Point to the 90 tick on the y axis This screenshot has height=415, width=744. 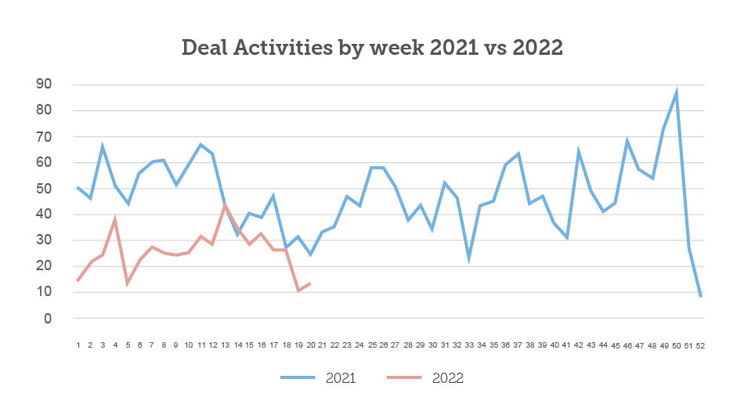point(43,85)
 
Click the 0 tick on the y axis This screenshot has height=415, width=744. point(48,319)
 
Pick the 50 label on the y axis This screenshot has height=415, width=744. point(43,189)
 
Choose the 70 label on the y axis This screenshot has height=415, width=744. point(43,137)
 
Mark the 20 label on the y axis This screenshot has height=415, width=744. point(43,266)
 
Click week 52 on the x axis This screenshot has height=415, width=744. point(701,345)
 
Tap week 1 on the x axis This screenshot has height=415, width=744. point(78,345)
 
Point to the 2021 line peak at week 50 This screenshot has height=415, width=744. point(677,91)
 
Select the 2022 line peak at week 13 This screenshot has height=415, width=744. point(226,205)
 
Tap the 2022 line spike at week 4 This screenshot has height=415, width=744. point(115,219)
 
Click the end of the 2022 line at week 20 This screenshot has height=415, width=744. point(311,283)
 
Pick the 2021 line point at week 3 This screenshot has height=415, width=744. point(103,146)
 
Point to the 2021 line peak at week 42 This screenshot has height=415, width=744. point(579,150)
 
